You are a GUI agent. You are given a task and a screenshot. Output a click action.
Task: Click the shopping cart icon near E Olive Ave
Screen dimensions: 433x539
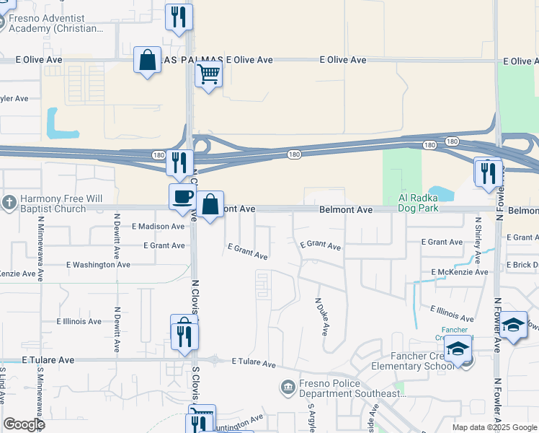point(208,72)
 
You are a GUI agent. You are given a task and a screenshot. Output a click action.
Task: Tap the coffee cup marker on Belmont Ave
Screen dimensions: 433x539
point(181,196)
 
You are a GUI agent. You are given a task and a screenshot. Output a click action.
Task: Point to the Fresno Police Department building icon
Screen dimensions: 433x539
point(288,388)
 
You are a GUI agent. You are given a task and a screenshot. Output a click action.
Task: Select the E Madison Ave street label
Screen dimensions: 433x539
point(158,227)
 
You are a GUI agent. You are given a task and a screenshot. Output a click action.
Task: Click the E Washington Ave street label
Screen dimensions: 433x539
point(98,265)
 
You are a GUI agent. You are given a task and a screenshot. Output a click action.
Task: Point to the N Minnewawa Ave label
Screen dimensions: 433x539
point(40,246)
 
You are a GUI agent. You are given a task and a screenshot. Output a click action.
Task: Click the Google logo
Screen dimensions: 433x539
point(24,424)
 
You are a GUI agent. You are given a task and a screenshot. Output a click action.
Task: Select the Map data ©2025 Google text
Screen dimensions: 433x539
point(494,427)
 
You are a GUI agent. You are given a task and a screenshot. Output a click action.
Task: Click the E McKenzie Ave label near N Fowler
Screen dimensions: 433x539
point(460,272)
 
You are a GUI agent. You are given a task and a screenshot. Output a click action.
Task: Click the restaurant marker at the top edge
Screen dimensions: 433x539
point(179,17)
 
